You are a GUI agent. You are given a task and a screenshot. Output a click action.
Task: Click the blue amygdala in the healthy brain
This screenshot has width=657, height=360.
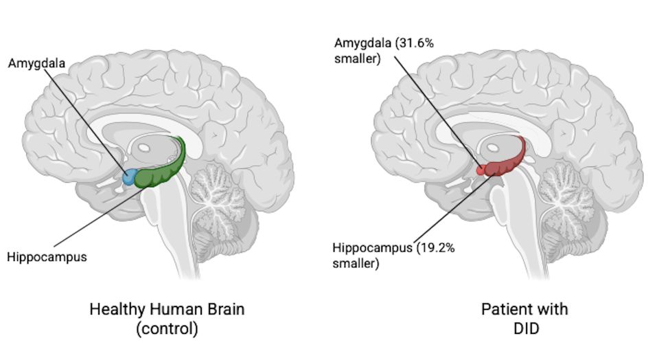(129, 177)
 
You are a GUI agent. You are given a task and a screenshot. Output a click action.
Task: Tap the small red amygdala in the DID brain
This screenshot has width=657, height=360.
(481, 170)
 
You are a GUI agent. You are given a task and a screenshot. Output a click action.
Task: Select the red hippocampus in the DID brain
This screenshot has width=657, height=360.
(507, 161)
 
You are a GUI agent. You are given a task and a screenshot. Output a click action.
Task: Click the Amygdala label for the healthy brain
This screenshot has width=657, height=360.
(37, 63)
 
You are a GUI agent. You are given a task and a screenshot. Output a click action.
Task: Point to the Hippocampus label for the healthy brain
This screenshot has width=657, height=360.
(47, 257)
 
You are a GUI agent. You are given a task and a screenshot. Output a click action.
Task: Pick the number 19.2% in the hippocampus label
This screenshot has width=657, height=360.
(436, 248)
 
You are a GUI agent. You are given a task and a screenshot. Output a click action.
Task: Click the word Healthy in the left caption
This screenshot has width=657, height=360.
(117, 309)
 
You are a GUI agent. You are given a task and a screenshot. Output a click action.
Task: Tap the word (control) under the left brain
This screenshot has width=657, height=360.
(167, 328)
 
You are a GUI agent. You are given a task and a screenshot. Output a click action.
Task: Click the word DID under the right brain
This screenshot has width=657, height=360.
(527, 328)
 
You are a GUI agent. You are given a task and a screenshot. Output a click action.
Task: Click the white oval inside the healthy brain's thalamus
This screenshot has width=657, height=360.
(143, 148)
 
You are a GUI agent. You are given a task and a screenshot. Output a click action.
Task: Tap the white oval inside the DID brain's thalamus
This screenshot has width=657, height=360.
(493, 148)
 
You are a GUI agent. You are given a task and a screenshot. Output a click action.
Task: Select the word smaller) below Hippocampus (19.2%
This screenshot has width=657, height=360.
(356, 264)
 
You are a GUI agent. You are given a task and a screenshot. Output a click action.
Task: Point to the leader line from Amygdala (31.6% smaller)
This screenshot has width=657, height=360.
(437, 111)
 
